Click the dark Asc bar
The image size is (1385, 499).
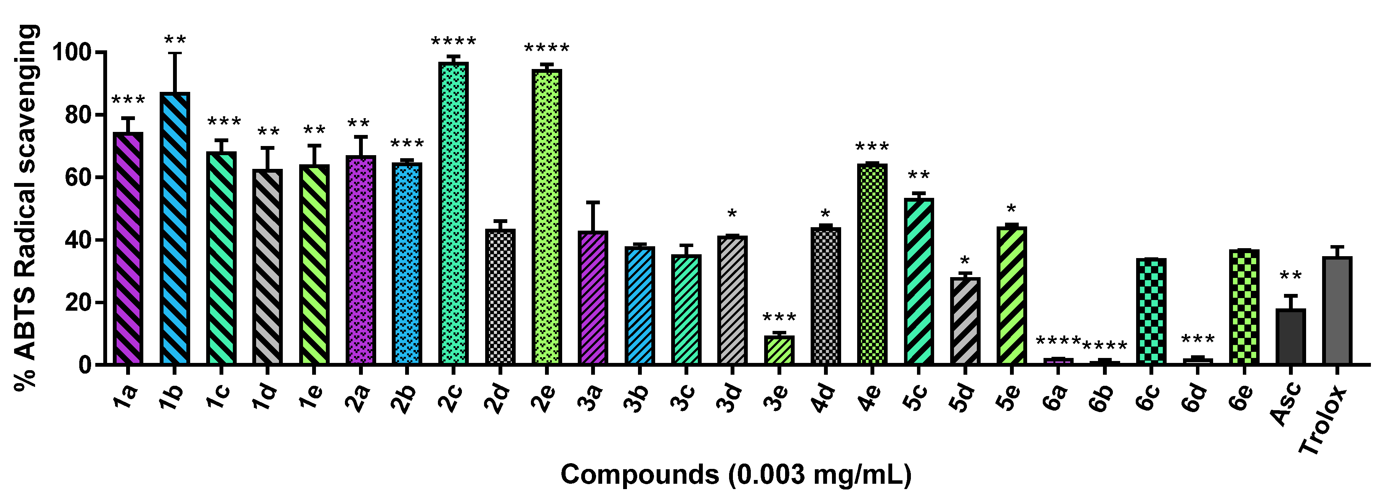[1290, 337]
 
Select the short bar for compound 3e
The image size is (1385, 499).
[779, 350]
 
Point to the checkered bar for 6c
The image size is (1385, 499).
[1151, 311]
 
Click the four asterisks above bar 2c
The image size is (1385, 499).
[453, 42]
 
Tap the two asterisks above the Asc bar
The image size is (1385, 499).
[1290, 277]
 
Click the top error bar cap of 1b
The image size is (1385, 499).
[174, 53]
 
